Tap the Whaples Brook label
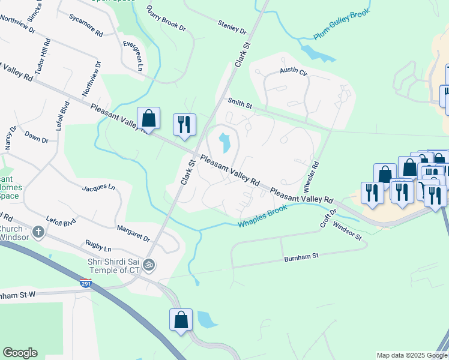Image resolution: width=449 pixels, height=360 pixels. point(262,217)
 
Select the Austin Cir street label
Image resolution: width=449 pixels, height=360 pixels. point(294,71)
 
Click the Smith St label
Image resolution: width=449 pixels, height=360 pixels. point(239,103)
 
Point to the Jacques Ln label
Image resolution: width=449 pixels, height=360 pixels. point(98,188)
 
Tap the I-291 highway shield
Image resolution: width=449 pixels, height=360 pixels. point(86,283)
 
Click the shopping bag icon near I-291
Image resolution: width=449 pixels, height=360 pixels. point(181,320)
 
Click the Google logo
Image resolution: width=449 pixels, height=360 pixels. point(20,353)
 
